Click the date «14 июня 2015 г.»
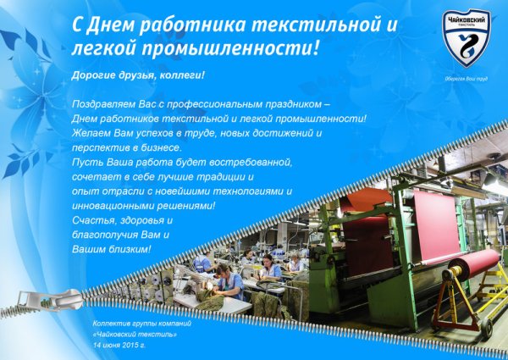click(x=120, y=346)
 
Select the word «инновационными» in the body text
click(x=106, y=206)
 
